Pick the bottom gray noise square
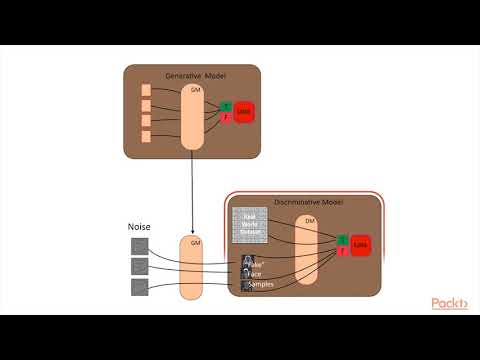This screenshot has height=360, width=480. coord(139,288)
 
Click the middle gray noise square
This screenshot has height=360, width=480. coord(139,267)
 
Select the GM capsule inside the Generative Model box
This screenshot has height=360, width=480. coord(193,115)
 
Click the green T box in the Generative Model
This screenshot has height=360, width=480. coord(226,106)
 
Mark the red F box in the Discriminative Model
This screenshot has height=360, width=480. coord(342,251)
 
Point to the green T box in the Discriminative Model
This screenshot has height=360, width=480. coord(342,238)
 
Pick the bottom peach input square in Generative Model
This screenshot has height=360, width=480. coord(146,136)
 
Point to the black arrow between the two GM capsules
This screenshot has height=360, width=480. coord(192,191)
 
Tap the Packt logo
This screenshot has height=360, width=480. coord(450,304)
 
